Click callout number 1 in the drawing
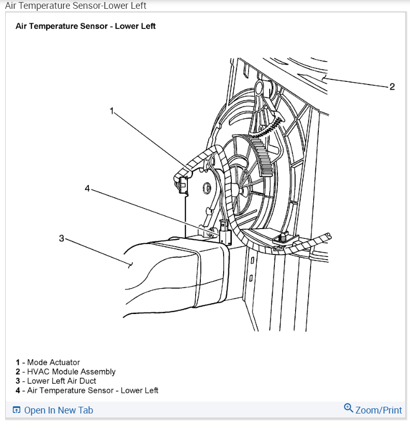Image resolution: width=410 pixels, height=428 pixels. [x=111, y=110]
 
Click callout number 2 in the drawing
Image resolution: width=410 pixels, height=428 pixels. [x=392, y=87]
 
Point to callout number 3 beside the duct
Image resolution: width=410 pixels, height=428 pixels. [x=62, y=238]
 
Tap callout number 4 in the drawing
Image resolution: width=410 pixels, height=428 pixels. [x=87, y=189]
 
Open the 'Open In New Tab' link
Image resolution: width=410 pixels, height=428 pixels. [x=58, y=410]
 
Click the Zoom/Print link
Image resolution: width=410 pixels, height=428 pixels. [x=378, y=410]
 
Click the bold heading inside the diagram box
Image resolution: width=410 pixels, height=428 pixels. [x=85, y=26]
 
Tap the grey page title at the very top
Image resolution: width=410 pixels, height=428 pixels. [x=76, y=6]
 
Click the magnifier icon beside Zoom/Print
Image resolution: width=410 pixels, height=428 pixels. [x=348, y=408]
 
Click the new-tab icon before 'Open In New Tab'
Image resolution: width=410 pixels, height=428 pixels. [x=17, y=410]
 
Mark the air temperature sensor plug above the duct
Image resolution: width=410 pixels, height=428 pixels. [x=225, y=232]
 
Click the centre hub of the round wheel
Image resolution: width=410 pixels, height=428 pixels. [x=241, y=190]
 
